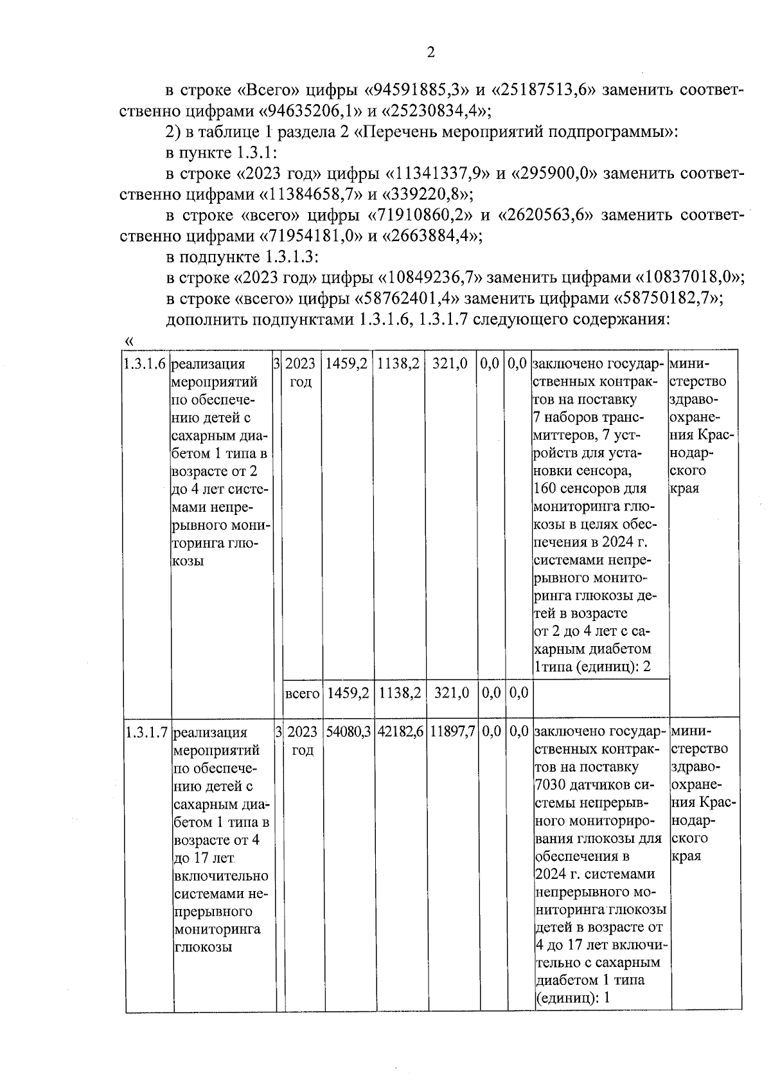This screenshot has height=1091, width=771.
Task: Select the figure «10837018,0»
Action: [689, 278]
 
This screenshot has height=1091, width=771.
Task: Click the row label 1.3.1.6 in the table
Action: [146, 364]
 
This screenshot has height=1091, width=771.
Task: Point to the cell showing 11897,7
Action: [452, 732]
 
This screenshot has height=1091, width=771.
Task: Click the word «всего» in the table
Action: [302, 694]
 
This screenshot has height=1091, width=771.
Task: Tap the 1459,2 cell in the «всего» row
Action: [348, 693]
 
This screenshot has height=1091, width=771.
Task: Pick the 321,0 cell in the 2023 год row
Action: [449, 364]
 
